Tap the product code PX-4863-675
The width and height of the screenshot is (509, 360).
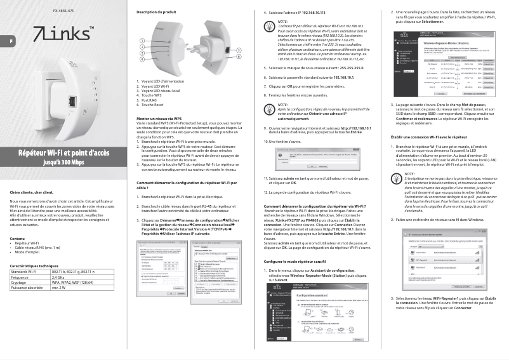click(63, 12)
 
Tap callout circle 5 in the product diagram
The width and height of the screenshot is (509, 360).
click(238, 50)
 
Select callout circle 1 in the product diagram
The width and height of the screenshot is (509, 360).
click(143, 41)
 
